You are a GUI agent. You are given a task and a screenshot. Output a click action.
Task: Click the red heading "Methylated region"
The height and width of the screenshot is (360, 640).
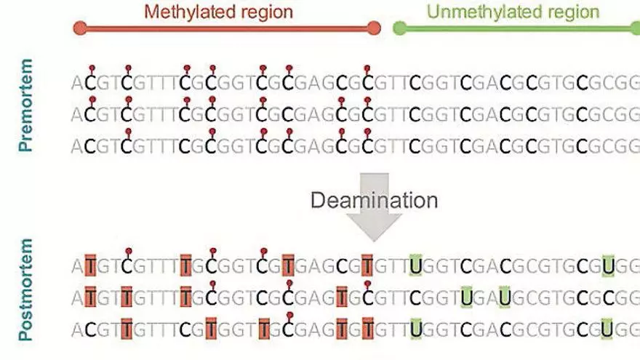tap(218, 12)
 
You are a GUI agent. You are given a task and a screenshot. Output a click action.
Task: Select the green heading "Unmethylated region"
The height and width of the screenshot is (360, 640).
tap(513, 12)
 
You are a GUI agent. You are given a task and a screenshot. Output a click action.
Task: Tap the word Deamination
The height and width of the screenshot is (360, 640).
tap(375, 200)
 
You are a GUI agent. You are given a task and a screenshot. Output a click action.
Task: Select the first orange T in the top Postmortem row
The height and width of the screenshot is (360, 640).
tap(91, 265)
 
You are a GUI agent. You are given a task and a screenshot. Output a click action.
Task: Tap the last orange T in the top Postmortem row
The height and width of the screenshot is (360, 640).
tap(367, 265)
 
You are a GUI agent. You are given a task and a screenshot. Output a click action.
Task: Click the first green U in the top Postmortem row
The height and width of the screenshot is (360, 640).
tap(416, 265)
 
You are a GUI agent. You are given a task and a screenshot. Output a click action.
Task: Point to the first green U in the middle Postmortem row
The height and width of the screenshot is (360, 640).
tap(465, 297)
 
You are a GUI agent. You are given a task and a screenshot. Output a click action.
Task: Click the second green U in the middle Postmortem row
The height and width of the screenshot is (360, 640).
tap(504, 297)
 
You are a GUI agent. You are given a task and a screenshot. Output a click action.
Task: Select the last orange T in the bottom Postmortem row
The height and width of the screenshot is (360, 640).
tap(367, 329)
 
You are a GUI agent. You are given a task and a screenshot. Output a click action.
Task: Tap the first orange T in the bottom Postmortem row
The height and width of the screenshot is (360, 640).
tap(127, 329)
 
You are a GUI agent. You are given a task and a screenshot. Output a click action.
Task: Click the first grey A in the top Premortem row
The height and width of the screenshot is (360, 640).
tap(77, 82)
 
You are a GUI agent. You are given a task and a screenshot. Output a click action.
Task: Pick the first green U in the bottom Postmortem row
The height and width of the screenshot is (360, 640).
tap(416, 329)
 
